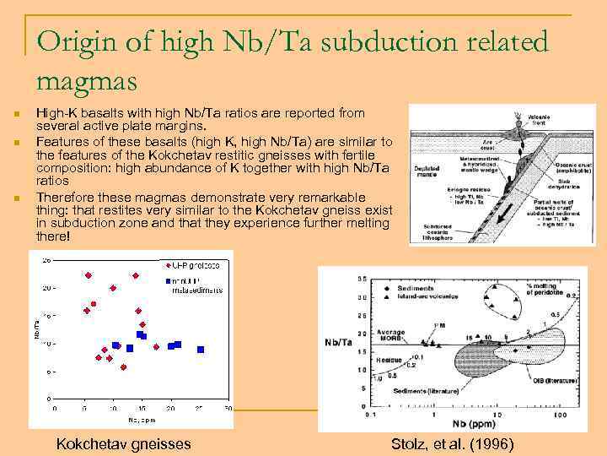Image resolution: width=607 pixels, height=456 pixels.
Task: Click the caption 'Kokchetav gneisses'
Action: pyautogui.click(x=123, y=443)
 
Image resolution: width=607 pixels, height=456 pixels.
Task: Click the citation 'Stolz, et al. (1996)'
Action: pyautogui.click(x=451, y=443)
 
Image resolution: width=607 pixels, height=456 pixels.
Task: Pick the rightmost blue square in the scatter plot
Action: pyautogui.click(x=201, y=349)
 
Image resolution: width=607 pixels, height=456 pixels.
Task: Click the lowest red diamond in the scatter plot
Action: pyautogui.click(x=123, y=367)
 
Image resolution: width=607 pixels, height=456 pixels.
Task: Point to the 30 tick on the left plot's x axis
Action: pyautogui.click(x=228, y=408)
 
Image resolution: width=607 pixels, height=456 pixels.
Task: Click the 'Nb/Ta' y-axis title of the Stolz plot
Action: pyautogui.click(x=340, y=342)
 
